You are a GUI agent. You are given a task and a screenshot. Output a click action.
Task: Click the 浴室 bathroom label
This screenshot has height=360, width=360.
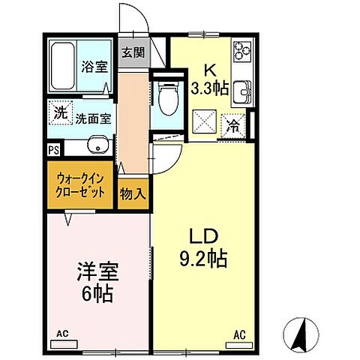tap(94, 66)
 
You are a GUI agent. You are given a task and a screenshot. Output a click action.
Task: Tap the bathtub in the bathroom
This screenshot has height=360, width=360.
tap(63, 67)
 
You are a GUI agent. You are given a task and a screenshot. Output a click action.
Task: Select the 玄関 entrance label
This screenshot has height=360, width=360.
tap(133, 52)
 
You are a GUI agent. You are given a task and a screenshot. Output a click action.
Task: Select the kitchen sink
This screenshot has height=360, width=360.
tap(241, 93)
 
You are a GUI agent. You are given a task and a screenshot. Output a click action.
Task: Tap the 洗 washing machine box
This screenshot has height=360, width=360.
tap(59, 114)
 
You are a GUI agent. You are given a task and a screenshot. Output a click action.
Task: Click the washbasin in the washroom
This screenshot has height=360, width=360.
tap(94, 144)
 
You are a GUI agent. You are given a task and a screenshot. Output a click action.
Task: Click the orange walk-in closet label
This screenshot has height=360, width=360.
tap(81, 184)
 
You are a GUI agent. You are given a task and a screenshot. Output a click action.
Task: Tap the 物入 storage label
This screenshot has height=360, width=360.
tap(133, 193)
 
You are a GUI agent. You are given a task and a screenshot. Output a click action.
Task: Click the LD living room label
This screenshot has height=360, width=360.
tap(203, 238)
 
